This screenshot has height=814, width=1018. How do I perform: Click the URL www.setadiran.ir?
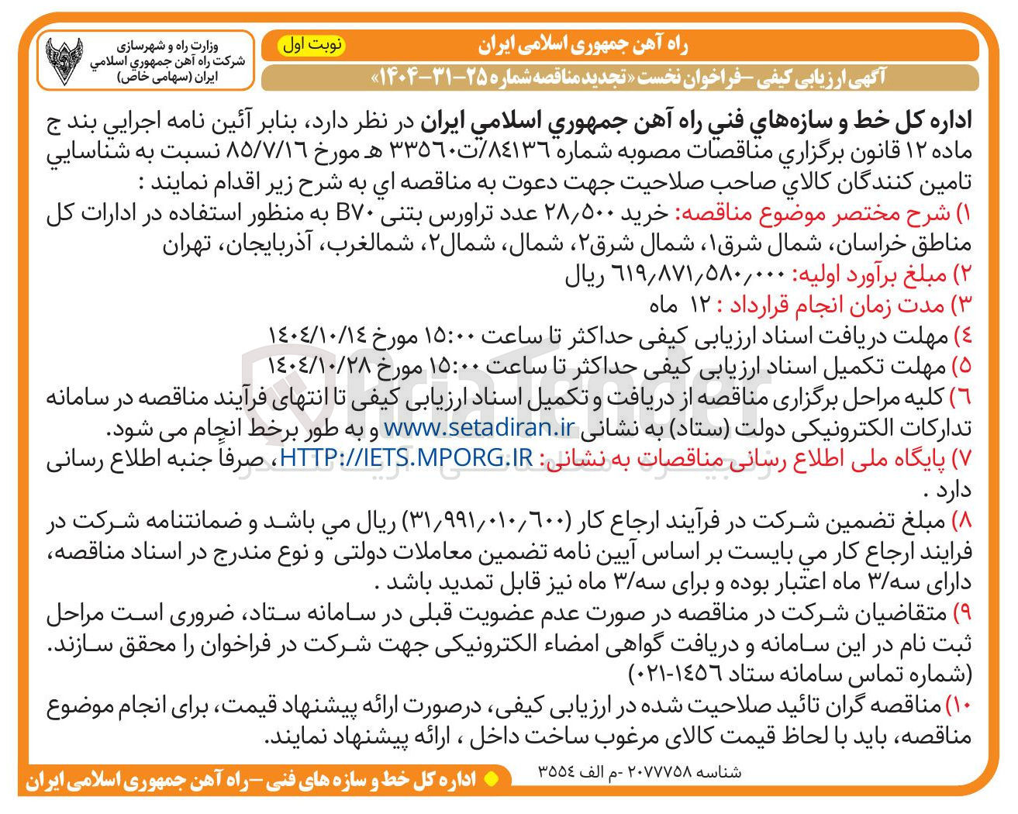[x=478, y=427]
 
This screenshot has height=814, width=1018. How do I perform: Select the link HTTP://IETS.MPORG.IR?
[x=406, y=458]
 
